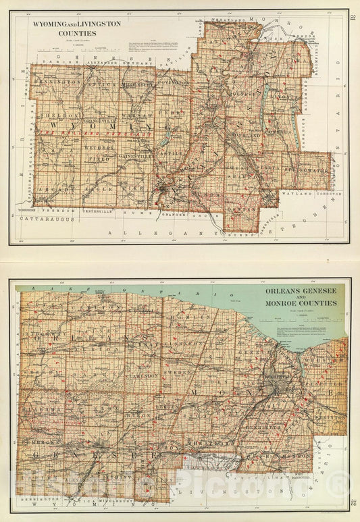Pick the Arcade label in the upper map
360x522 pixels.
coord(52,190)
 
